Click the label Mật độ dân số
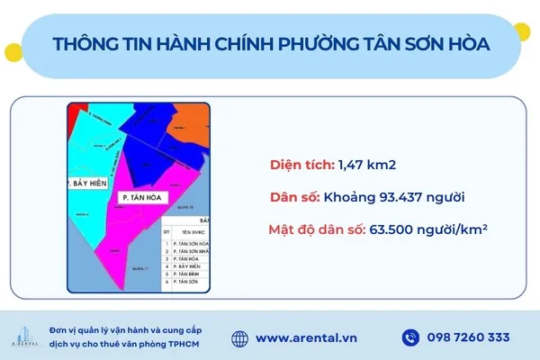tap(314, 229)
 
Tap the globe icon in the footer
tap(239, 338)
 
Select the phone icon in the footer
tap(410, 338)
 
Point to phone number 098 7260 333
tap(470, 338)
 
